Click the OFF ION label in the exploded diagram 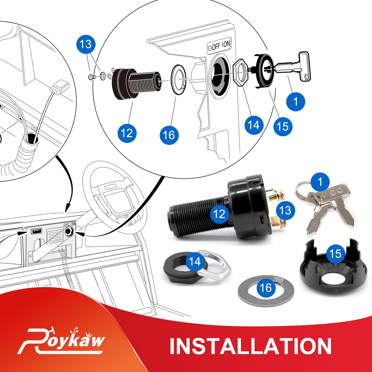[219, 46]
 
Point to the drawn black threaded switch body [135, 83]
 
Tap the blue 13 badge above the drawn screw [86, 44]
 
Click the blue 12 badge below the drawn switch [127, 133]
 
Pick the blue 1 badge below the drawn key [296, 101]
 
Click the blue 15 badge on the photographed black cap [335, 254]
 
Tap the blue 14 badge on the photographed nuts [195, 262]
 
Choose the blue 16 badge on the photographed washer [266, 288]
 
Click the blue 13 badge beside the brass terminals [285, 210]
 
